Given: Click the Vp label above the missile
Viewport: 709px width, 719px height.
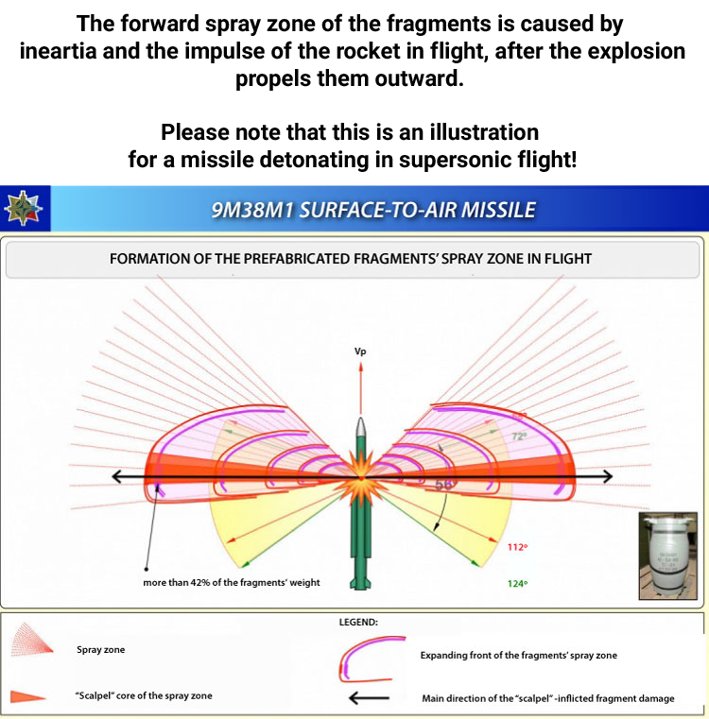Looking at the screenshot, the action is point(359,351).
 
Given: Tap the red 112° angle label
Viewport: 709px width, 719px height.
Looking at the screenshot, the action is point(516,547).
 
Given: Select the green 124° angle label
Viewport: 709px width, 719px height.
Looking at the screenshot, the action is point(516,583).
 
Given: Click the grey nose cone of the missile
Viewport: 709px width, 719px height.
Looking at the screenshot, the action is point(359,429).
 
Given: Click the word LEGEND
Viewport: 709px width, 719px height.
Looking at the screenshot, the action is point(358,623).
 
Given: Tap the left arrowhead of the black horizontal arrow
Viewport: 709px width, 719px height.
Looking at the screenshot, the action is point(117,477).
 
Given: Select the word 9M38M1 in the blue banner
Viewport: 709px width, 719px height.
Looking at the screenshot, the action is point(251,209).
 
